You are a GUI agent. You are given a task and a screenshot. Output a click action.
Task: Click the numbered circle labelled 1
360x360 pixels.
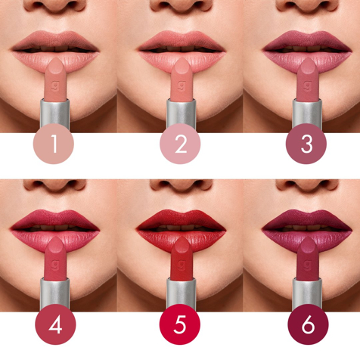point(54,144)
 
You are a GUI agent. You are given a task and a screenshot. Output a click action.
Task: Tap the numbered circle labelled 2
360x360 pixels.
point(181,144)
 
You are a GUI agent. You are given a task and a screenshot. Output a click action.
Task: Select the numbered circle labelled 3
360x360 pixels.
point(307,144)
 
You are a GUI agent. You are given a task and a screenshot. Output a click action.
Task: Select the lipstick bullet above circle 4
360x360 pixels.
point(54,258)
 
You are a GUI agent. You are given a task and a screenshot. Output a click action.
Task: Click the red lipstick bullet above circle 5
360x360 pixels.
point(181,258)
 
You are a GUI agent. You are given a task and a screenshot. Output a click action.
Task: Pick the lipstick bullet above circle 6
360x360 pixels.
point(307,258)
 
